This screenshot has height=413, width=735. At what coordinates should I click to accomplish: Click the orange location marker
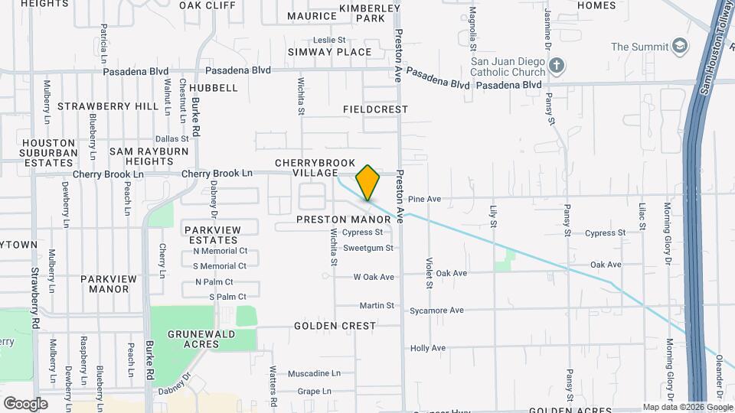368,183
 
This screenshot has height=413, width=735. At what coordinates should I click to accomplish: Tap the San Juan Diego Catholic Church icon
557,66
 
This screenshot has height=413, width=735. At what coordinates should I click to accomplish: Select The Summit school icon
678,47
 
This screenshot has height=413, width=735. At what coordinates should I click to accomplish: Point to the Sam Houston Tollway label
714,46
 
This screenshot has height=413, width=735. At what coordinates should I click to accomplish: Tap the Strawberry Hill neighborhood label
108,106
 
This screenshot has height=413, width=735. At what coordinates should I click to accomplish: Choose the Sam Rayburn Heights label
149,156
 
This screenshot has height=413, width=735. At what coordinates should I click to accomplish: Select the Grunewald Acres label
183,339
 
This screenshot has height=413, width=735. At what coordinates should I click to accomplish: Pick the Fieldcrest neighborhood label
375,109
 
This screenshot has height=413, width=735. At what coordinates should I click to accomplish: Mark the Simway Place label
329,52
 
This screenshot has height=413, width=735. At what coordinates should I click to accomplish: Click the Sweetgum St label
368,248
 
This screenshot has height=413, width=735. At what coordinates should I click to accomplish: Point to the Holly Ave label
428,348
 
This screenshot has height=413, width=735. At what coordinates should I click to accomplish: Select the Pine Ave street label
424,199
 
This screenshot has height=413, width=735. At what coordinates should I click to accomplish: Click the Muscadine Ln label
314,374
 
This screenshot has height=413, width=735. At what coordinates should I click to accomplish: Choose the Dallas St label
171,138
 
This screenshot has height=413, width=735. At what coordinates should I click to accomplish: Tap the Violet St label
430,272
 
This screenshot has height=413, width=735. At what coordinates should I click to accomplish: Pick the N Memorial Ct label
220,251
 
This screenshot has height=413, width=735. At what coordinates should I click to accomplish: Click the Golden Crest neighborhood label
335,326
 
